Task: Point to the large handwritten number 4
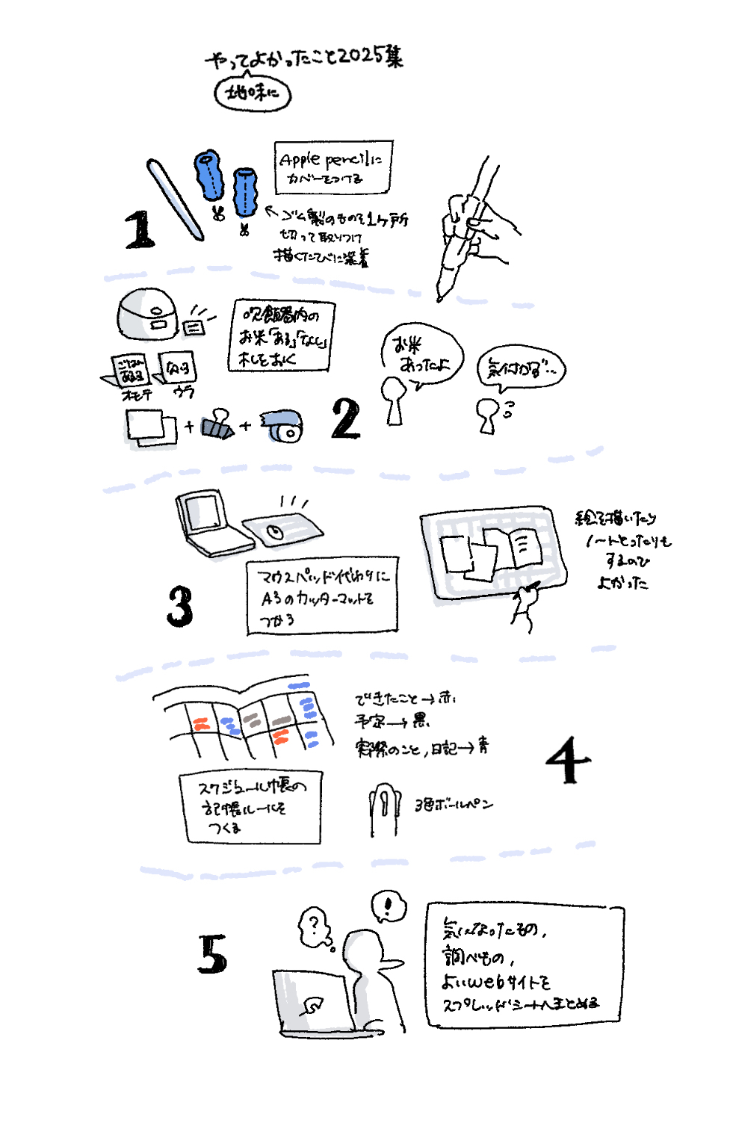click(x=568, y=760)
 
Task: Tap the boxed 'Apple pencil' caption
click(x=332, y=167)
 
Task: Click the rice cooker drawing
click(x=147, y=315)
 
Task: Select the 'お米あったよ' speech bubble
click(x=422, y=355)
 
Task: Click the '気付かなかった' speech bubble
click(x=522, y=368)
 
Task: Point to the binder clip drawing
click(x=217, y=424)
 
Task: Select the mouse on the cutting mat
click(x=275, y=531)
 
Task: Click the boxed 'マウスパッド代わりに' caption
click(x=322, y=596)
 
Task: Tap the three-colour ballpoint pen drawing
click(x=383, y=809)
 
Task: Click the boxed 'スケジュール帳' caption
click(x=250, y=808)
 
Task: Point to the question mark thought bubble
click(x=315, y=927)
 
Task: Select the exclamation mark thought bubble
click(x=389, y=906)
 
